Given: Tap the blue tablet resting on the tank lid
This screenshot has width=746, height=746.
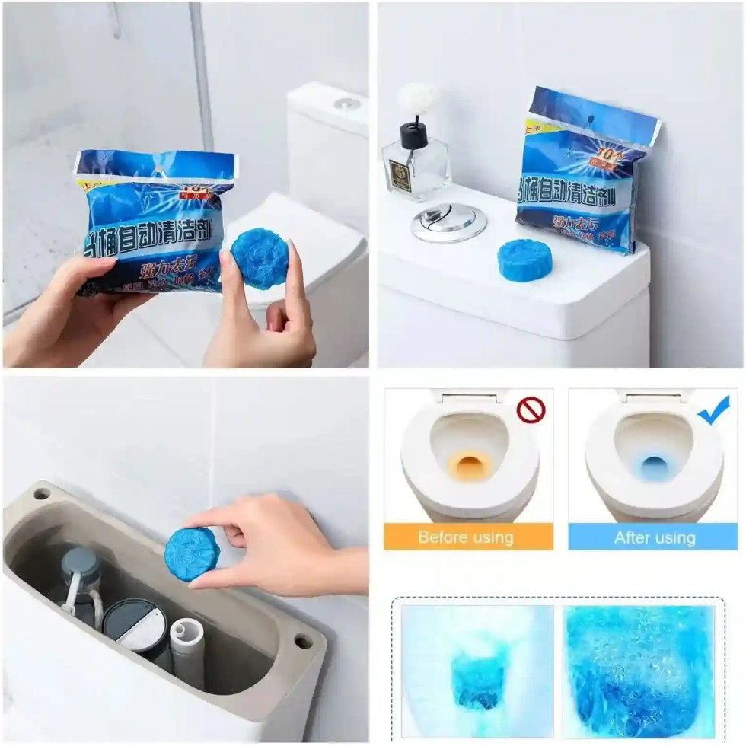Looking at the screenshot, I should click(524, 260).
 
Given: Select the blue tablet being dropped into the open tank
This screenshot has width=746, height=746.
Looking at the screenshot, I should click(192, 553).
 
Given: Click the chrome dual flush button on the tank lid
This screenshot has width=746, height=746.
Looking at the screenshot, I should click(449, 222).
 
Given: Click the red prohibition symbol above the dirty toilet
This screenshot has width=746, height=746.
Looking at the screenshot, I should click(531, 410).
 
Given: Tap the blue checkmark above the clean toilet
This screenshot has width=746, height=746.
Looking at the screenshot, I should click(713, 411).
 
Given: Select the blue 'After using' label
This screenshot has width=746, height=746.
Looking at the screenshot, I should click(655, 537).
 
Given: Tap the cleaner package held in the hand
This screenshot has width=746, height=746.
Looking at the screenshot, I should click(152, 221).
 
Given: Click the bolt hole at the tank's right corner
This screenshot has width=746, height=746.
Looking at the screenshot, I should click(304, 641).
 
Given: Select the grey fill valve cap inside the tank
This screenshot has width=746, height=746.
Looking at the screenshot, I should click(80, 562).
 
